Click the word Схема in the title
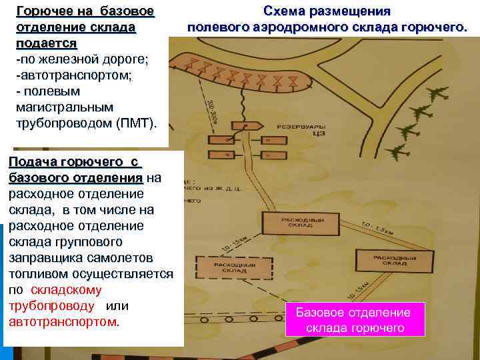[287, 12]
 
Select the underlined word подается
[46, 43]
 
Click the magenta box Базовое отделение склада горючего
[353, 320]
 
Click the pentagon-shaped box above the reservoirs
[251, 125]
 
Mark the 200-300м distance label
[211, 110]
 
